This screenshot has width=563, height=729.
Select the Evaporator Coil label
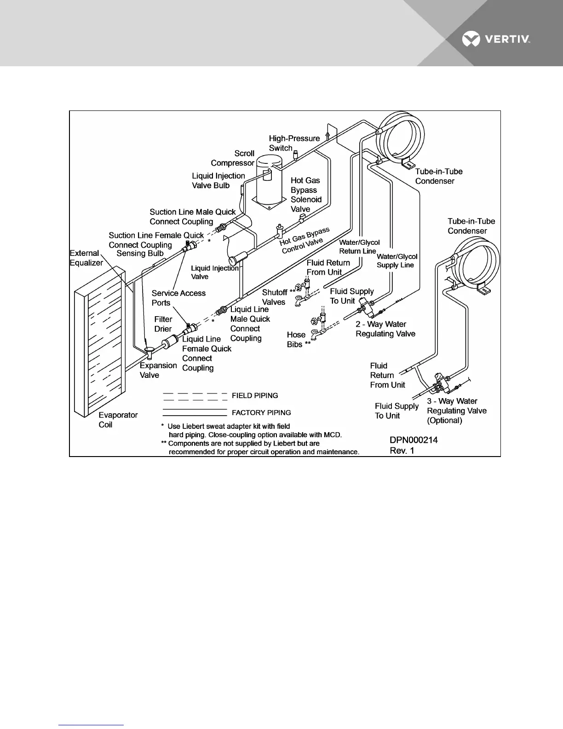point(118,420)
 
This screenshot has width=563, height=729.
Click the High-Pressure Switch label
point(294,143)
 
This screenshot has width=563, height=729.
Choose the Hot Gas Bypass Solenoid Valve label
point(305,195)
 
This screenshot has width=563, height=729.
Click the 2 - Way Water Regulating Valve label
point(385,329)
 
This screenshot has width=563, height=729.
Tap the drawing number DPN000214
point(414,440)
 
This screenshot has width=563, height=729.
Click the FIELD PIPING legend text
point(254,396)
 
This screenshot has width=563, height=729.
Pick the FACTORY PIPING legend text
point(261,413)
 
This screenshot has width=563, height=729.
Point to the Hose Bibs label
point(298,340)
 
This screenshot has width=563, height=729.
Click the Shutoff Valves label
point(275,297)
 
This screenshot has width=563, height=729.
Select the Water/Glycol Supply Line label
point(396,260)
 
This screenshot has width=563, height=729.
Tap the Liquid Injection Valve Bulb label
point(218,180)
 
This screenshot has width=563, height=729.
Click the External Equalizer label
point(86,258)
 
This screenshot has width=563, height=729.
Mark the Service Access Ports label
point(178,298)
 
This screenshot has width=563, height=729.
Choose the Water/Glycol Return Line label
point(359,247)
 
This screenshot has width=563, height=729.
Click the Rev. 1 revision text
point(402,451)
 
